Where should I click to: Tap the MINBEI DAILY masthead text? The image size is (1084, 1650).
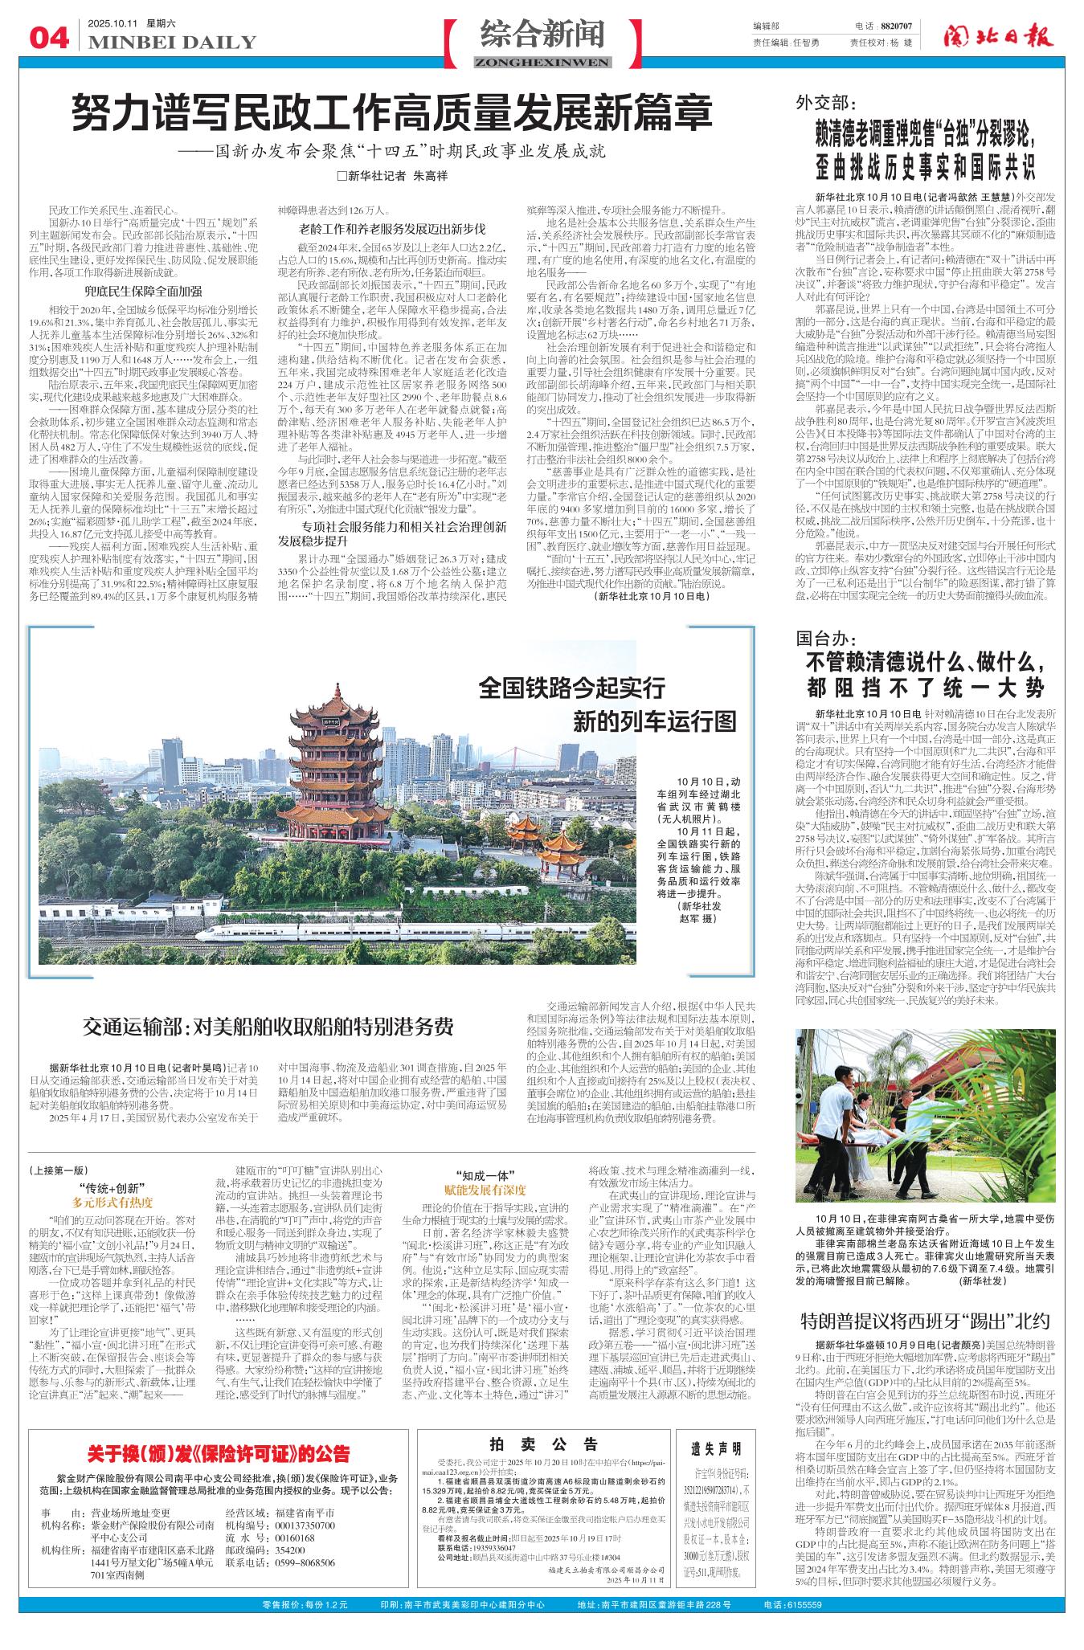(172, 43)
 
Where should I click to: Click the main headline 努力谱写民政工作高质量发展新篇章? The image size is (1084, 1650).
(392, 113)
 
